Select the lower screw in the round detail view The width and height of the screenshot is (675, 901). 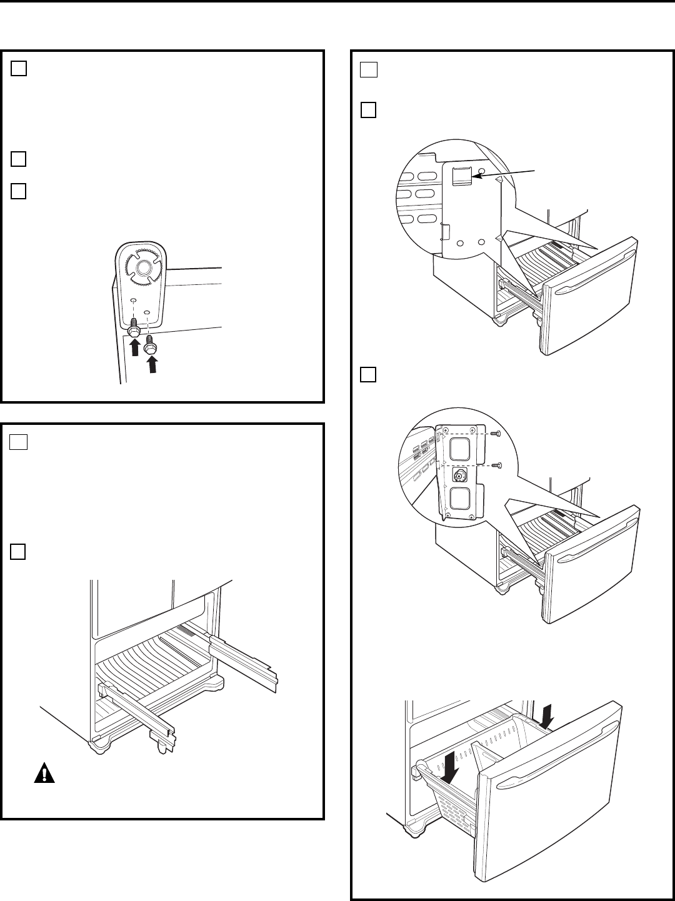pos(494,465)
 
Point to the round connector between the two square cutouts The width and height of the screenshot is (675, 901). pos(459,475)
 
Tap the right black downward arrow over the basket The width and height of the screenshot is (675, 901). pos(548,714)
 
